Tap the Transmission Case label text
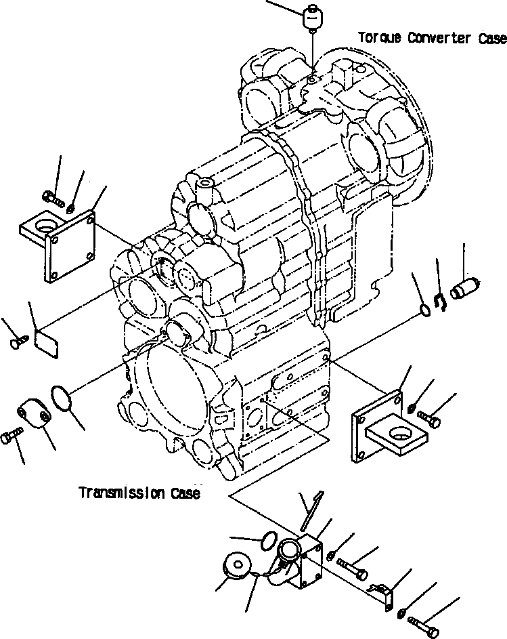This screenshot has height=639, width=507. point(139,493)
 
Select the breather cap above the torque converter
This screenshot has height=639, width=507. point(312,18)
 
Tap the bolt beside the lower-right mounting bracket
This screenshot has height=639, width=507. point(428,418)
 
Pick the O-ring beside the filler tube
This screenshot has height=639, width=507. point(267,539)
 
